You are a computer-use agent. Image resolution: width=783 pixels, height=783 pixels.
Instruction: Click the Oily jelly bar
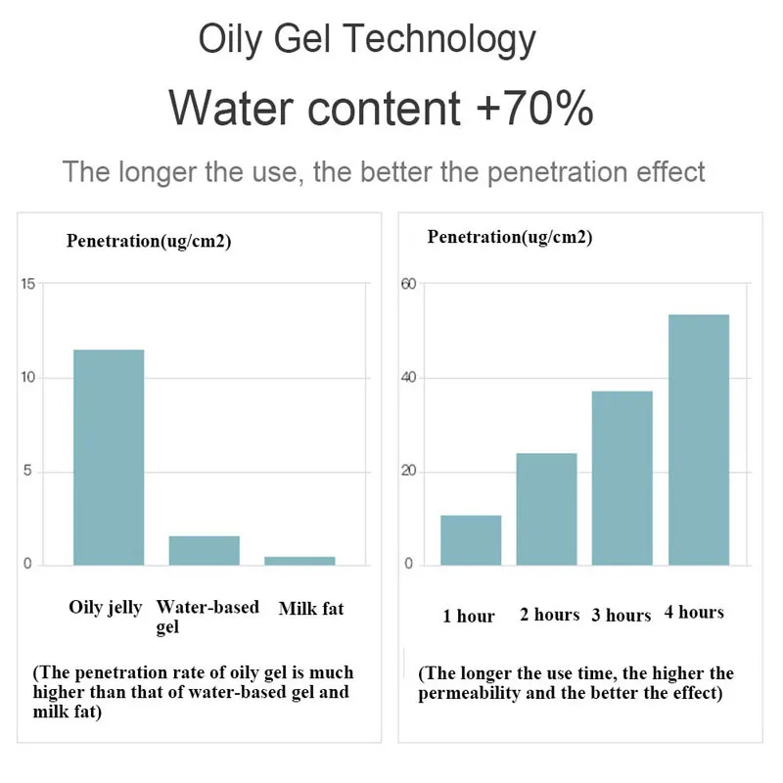coord(109,457)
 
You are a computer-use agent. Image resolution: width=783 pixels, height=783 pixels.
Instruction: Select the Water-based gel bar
coord(204,550)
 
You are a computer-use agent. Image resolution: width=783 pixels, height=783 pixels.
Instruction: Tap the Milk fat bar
coord(299,560)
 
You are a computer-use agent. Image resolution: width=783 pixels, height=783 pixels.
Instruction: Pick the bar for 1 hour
coord(471,539)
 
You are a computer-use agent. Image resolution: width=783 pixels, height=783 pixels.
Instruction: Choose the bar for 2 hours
coord(546,509)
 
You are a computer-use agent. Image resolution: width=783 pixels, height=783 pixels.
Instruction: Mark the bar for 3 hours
coord(622,478)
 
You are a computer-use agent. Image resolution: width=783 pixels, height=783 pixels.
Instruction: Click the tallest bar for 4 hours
coord(699,439)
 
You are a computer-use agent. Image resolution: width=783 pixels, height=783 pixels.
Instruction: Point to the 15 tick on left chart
coord(27,284)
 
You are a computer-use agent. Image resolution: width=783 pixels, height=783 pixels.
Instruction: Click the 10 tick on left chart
coord(27,378)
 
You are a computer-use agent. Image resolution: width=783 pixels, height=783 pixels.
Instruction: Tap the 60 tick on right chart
coord(408,284)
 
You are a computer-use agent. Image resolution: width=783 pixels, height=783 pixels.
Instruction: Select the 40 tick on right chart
coord(408,378)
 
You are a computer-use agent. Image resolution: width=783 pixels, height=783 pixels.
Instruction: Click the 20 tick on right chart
coord(408,472)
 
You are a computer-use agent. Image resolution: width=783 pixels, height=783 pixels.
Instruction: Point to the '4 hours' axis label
coord(694,613)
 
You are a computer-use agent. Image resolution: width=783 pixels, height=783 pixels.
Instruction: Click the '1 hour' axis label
coord(469,616)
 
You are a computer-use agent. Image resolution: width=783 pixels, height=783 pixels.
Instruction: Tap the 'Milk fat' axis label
coord(311,609)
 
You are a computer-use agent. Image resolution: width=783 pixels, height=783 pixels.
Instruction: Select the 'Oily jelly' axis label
coord(106,607)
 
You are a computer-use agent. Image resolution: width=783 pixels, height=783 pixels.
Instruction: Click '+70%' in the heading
coord(535,108)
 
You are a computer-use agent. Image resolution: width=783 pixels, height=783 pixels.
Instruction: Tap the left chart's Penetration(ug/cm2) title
coord(149,242)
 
